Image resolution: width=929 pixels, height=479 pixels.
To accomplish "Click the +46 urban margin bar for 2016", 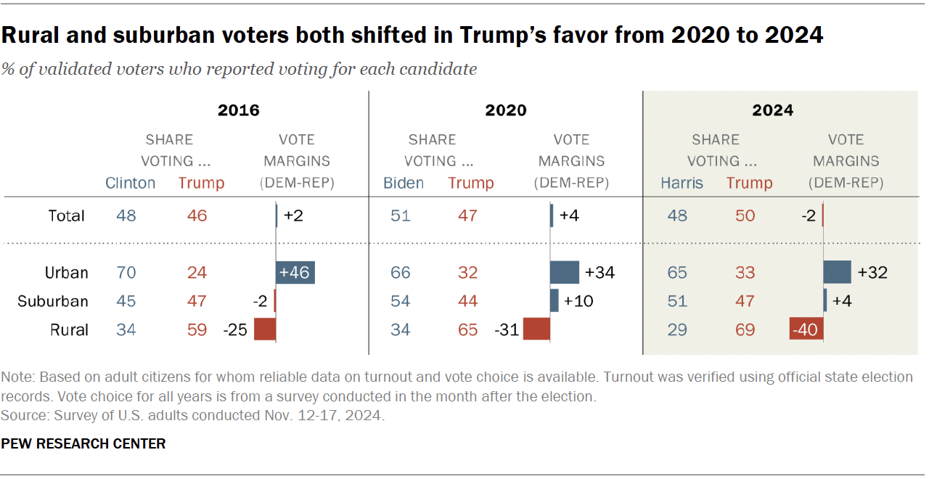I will pos(295,273).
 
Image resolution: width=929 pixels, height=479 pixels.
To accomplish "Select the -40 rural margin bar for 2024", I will pos(806,329).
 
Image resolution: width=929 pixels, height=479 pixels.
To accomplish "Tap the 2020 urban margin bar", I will pos(564,273).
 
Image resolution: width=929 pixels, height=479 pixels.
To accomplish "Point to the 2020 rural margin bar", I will pos(536,329).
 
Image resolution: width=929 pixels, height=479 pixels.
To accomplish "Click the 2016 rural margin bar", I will pos(264,329).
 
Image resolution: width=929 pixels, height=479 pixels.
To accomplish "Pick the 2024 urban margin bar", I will pos(837,273).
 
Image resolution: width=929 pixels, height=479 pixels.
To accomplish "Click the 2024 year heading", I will pos(772,110).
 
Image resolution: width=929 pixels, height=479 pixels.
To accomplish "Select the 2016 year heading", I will pos(239,110).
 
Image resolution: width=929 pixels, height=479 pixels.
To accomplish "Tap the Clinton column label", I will pos(131,183).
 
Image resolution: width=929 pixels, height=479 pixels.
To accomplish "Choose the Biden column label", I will pos(404,183).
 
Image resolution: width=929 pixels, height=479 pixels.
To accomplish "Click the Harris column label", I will pos(682,183).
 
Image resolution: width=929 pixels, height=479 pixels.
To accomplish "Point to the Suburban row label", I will pos(53,301).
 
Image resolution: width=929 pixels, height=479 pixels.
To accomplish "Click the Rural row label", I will pos(69,329).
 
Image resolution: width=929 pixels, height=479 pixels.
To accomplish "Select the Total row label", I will pos(67,216).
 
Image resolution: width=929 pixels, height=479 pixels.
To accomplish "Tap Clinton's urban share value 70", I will pos(127,273).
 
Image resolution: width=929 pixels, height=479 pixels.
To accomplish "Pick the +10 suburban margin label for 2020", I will pos(578,301).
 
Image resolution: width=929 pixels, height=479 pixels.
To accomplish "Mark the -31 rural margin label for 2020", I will pos(506,329).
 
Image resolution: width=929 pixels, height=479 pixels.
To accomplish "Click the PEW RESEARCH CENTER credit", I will pos(83,443).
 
